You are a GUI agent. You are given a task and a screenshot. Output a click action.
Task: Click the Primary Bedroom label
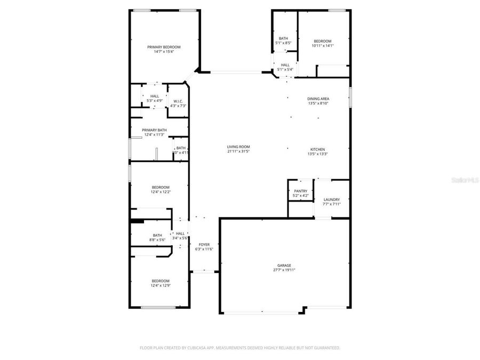coord(164,47)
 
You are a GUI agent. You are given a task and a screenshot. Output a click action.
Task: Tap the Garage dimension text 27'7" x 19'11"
coord(284,270)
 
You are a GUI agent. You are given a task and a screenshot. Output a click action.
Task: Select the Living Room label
coord(238,147)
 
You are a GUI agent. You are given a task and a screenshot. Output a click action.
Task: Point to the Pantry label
coord(301,191)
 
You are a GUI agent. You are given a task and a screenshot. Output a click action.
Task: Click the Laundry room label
coord(331,199)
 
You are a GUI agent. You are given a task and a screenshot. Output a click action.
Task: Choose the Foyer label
coord(204,244)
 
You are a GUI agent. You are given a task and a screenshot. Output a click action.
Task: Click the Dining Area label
coord(318,99)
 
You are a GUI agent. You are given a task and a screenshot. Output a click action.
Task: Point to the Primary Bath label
coord(154,130)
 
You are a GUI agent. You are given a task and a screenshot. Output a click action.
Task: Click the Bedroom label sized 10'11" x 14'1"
coord(322,41)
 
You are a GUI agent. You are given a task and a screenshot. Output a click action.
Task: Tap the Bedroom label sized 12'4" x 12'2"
coord(161,187)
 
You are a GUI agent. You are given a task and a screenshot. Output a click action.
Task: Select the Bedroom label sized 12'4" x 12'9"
coord(160,281)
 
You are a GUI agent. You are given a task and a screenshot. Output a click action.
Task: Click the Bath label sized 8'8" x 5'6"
coord(157,235)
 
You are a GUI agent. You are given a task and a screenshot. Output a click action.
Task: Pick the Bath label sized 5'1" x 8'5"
coord(283,38)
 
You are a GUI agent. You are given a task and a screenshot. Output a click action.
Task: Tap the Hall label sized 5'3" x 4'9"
coord(154,96)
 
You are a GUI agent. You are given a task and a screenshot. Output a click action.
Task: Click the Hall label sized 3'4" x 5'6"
coord(180,233)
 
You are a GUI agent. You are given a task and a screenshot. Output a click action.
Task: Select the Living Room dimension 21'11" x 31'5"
coord(238,151)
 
